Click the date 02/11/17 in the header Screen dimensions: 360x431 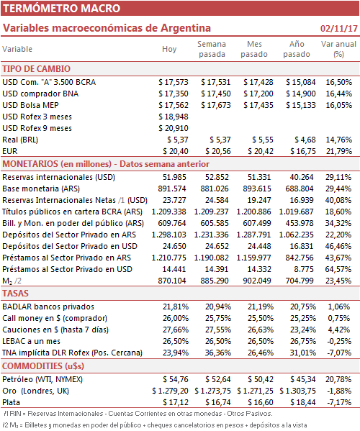(x=339, y=28)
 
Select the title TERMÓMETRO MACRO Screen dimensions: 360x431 (x=62, y=8)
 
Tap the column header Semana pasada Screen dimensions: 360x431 (x=212, y=49)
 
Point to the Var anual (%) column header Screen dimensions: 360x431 (x=338, y=49)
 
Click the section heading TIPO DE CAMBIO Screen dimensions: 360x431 (x=36, y=69)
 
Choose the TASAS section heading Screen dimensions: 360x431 (x=15, y=294)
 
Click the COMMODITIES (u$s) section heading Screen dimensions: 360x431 (x=43, y=366)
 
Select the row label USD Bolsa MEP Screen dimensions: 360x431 (x=30, y=105)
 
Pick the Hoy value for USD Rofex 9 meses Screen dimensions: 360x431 (x=174, y=128)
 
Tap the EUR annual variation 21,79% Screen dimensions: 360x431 (x=339, y=151)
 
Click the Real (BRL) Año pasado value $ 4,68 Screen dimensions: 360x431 (x=305, y=140)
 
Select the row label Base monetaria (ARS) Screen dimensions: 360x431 (x=41, y=189)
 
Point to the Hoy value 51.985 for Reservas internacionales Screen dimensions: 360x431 (x=174, y=177)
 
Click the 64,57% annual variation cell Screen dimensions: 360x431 (x=338, y=269)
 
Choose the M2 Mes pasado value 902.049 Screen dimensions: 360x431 (x=257, y=281)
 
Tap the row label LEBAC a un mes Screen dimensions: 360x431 (x=32, y=341)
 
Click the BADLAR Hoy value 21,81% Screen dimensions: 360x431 (x=176, y=307)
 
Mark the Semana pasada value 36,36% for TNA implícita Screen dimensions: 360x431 (x=218, y=353)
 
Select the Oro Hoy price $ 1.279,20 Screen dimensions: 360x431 (x=171, y=391)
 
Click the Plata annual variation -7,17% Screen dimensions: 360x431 (x=339, y=402)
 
